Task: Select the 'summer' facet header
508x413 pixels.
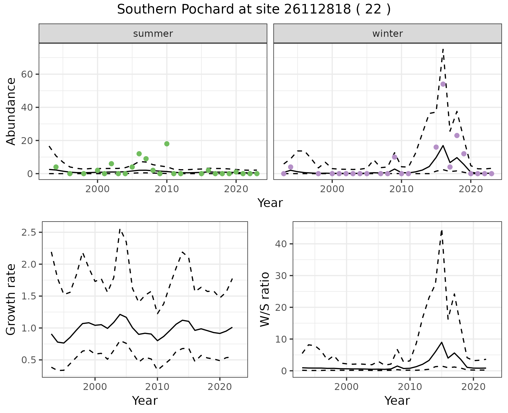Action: (153, 34)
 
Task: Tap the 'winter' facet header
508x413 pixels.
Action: (387, 34)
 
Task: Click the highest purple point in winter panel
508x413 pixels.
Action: (443, 84)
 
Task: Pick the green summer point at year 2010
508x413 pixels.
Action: (167, 144)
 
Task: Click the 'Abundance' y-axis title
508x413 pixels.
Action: (11, 111)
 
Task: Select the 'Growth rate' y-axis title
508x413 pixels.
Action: (11, 299)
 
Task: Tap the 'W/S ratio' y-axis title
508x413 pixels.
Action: (265, 299)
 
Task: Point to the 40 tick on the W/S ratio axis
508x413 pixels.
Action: (282, 244)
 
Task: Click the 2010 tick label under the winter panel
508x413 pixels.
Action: (401, 189)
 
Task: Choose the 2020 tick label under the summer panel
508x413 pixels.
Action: (236, 189)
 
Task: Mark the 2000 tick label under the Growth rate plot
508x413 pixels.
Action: (95, 387)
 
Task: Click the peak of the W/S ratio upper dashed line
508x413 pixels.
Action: (442, 230)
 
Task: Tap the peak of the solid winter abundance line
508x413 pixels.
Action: (443, 145)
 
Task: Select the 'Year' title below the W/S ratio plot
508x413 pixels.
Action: (397, 401)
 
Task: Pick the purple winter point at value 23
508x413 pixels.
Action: (457, 136)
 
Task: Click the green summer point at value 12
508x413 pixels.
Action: (139, 154)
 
